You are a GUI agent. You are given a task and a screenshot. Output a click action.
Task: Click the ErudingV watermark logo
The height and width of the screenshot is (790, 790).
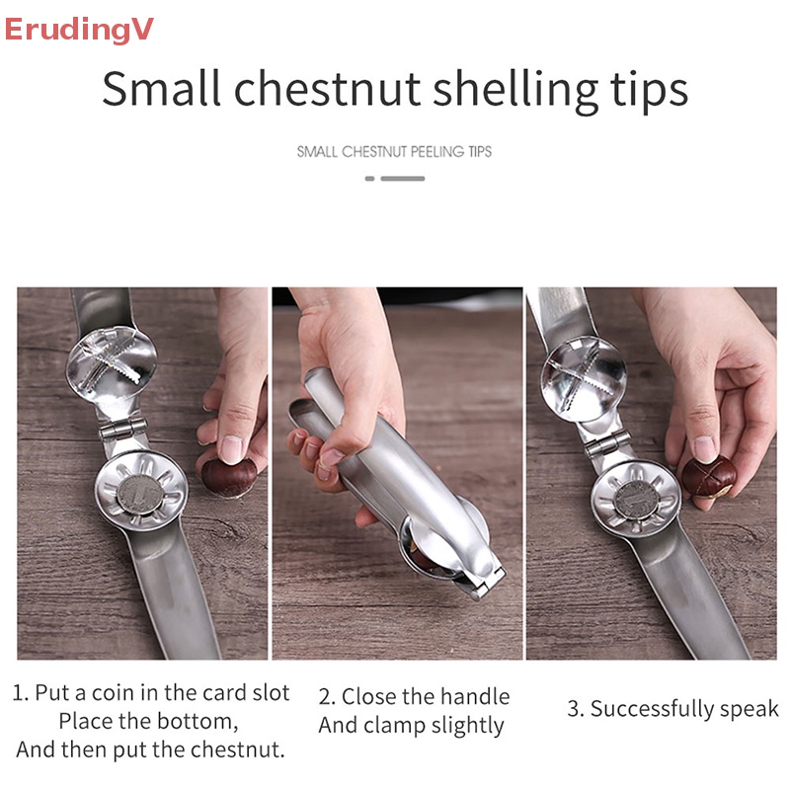pos(79,30)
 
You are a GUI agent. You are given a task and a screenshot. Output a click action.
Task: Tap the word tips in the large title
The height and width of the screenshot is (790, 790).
pos(643,90)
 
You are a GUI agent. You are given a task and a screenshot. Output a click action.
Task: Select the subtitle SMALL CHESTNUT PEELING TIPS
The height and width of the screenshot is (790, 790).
pos(394,152)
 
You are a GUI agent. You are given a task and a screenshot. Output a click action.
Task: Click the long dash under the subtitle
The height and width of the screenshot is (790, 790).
pos(403,179)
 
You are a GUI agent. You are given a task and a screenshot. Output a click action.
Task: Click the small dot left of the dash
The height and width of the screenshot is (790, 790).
pos(369,179)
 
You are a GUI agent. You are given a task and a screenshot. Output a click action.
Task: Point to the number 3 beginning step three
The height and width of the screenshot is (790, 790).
pos(573,709)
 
